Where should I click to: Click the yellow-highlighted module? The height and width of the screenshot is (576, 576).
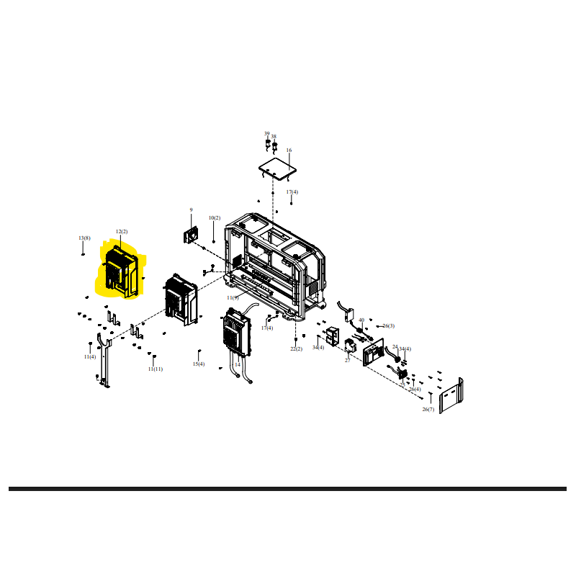click(x=120, y=274)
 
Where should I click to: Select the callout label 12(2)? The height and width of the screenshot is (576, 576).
click(x=122, y=232)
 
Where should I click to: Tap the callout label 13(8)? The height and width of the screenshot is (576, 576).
click(x=85, y=238)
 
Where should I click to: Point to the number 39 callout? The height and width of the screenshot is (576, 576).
click(x=266, y=134)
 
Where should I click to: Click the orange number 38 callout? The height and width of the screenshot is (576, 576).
click(x=274, y=136)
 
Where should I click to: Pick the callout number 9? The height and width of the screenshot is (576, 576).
click(x=192, y=210)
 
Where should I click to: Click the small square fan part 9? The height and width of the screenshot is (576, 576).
click(x=192, y=234)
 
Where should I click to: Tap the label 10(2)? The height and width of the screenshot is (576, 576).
click(x=215, y=217)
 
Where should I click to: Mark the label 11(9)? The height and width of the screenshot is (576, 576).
click(x=233, y=297)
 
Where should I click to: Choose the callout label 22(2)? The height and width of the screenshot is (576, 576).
click(x=297, y=348)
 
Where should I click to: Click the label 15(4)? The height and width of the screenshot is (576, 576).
click(x=199, y=364)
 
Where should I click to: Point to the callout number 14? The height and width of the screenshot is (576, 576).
click(x=238, y=364)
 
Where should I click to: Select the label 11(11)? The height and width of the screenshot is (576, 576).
click(x=156, y=369)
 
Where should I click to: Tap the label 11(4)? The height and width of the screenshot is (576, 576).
click(x=89, y=356)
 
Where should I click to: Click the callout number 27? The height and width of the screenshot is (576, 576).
click(x=347, y=360)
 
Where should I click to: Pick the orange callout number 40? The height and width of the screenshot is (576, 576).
click(x=361, y=320)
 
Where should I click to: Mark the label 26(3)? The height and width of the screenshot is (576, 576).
click(x=389, y=326)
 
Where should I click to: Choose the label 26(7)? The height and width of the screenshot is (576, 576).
click(x=428, y=409)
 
